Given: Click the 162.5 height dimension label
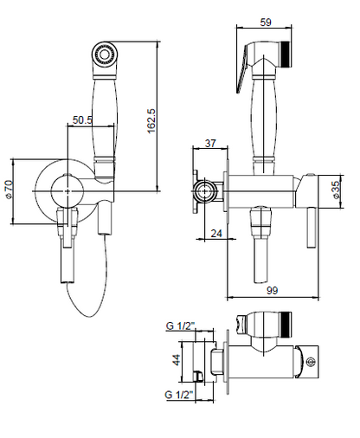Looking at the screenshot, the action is (151, 121).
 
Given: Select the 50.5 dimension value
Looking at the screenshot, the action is (82, 119).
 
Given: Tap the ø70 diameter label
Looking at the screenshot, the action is (9, 190).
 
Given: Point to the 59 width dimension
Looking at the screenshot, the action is (266, 23).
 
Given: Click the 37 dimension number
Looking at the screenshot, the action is (210, 143).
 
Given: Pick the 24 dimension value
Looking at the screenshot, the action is (216, 233).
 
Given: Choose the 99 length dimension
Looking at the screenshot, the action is (272, 290).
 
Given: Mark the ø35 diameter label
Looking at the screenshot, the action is (337, 191).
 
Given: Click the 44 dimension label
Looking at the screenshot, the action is (177, 359).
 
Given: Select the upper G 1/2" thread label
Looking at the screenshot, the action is (181, 325).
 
